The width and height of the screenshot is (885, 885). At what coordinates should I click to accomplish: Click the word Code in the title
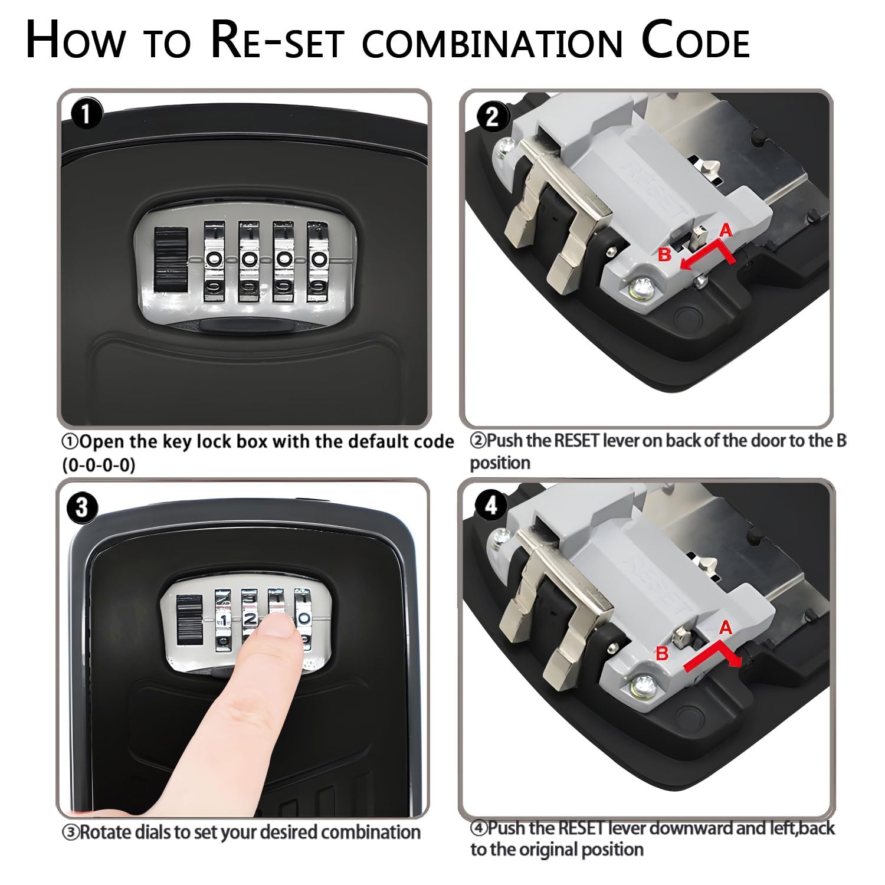coord(696,41)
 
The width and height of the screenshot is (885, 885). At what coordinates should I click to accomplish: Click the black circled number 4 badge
coord(490,506)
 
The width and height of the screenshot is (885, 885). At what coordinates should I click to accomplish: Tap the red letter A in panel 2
coord(726,230)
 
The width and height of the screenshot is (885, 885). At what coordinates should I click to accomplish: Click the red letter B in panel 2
coord(664,254)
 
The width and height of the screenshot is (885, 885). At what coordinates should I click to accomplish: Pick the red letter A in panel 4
coord(725,628)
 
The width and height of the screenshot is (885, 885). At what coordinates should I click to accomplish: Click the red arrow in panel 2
coord(711,255)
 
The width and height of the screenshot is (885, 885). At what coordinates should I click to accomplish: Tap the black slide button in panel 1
coord(171,260)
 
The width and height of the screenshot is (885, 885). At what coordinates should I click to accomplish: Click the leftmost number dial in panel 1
coord(214,262)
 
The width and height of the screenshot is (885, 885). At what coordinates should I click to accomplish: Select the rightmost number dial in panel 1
coord(318,262)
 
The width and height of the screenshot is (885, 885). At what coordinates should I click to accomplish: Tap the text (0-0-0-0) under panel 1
coord(99,466)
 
